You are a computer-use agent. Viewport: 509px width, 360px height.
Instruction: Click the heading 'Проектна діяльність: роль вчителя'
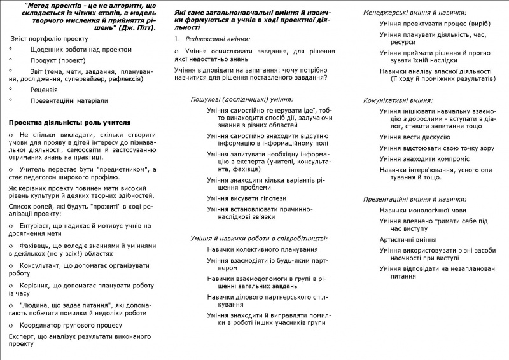pos(70,121)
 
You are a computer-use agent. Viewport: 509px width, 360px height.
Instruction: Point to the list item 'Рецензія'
pos(44,90)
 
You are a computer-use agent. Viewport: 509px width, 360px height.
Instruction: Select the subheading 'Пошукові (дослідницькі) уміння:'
pos(242,99)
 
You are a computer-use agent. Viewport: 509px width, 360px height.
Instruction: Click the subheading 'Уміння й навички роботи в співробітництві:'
pos(259,238)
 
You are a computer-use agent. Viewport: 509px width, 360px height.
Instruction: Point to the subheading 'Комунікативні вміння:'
pos(398,100)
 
